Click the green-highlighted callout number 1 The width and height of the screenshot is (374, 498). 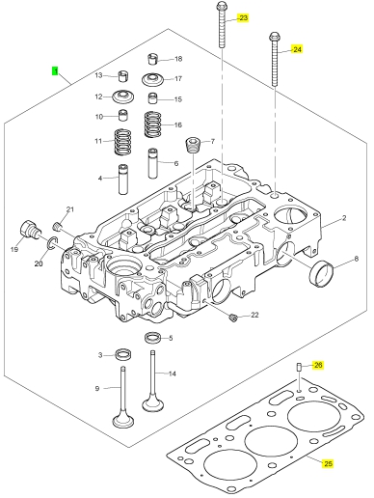[x=55, y=70]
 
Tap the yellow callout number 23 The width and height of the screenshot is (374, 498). [x=243, y=17]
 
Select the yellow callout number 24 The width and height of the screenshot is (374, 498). [x=297, y=49]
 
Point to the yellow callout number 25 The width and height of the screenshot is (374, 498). [x=328, y=463]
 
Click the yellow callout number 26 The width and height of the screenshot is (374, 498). [x=317, y=365]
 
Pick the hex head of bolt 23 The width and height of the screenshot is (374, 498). [x=222, y=6]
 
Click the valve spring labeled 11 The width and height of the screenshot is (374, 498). [x=123, y=142]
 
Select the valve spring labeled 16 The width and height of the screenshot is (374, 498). [x=152, y=124]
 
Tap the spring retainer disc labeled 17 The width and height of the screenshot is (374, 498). [x=152, y=79]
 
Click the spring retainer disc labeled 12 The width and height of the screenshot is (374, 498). [x=123, y=97]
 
